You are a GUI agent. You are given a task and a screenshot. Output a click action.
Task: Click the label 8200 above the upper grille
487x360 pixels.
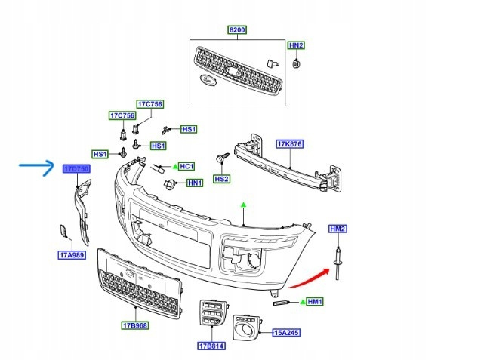tap(238, 29)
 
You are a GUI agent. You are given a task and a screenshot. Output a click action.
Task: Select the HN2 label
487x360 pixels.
tap(297, 45)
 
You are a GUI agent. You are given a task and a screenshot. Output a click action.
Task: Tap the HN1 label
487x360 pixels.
tap(195, 183)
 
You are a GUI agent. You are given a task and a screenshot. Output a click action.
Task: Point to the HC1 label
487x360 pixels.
tap(186, 165)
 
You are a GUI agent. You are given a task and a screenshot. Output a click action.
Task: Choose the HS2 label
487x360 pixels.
tap(221, 179)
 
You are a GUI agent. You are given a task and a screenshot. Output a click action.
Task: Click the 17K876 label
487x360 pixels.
tap(289, 143)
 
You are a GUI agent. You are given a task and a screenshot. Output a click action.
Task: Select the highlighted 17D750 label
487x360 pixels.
tap(76, 168)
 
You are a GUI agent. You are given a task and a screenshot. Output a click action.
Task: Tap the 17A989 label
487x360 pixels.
tap(69, 254)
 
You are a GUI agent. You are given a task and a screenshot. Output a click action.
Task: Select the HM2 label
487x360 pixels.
tap(337, 229)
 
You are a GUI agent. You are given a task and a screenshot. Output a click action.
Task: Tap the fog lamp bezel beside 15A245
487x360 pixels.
tap(245, 326)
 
